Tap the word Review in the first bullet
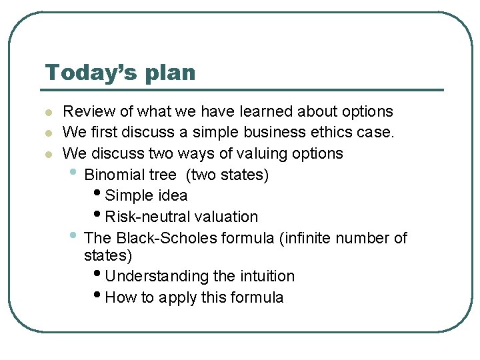click(x=84, y=111)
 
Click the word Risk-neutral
click(x=146, y=217)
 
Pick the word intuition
click(x=266, y=276)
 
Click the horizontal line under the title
click(x=243, y=89)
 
